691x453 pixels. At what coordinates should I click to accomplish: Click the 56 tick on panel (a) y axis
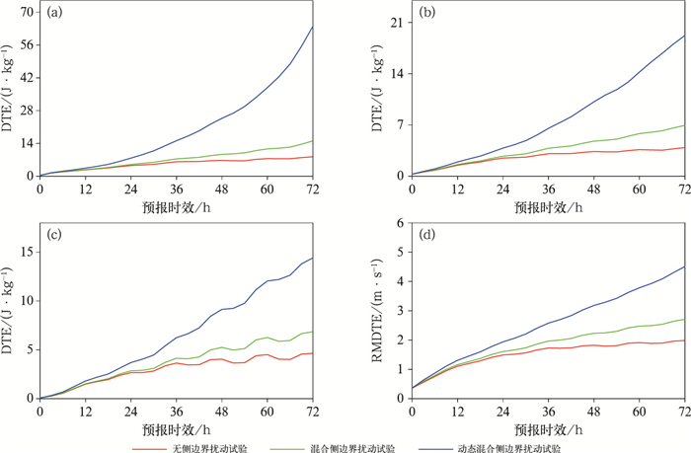pyautogui.click(x=28, y=44)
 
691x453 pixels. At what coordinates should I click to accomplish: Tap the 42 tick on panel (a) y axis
pyautogui.click(x=28, y=77)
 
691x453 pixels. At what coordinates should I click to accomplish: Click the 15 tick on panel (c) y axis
pyautogui.click(x=28, y=251)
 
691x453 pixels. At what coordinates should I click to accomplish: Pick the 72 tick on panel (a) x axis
pyautogui.click(x=313, y=188)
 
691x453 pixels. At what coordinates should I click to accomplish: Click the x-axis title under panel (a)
pyautogui.click(x=176, y=205)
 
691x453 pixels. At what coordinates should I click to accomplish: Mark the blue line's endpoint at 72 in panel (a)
pyautogui.click(x=313, y=27)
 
